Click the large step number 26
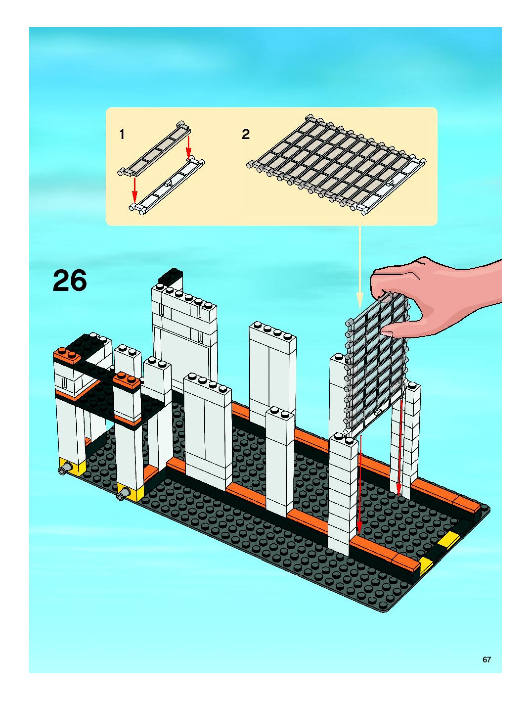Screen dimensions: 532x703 [70, 280]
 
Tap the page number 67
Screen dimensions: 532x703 [486, 657]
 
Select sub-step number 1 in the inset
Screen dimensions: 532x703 [121, 135]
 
